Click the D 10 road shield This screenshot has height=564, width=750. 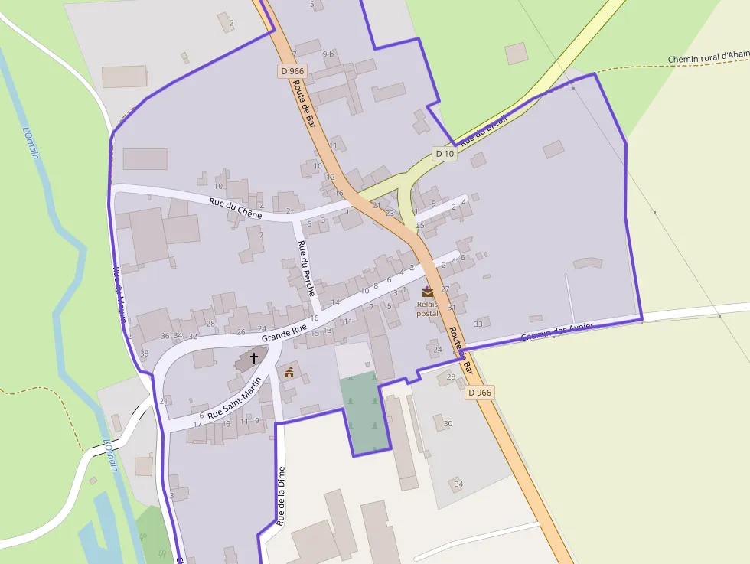(445, 154)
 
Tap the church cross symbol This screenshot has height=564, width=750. (254, 357)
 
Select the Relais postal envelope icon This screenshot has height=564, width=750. (427, 292)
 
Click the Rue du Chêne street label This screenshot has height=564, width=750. (235, 209)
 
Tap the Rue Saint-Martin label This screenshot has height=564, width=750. (235, 403)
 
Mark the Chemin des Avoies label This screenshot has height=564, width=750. (556, 332)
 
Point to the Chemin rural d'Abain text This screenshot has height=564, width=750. (708, 57)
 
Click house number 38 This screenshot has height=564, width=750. (145, 354)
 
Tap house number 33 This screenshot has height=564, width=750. (478, 324)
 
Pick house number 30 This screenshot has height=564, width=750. (448, 424)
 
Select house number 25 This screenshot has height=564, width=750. (419, 225)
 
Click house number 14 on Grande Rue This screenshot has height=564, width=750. (335, 302)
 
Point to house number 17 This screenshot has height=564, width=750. (197, 424)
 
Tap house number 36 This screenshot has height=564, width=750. (165, 336)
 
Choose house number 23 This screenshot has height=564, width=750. (390, 213)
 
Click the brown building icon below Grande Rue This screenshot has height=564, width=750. (289, 373)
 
